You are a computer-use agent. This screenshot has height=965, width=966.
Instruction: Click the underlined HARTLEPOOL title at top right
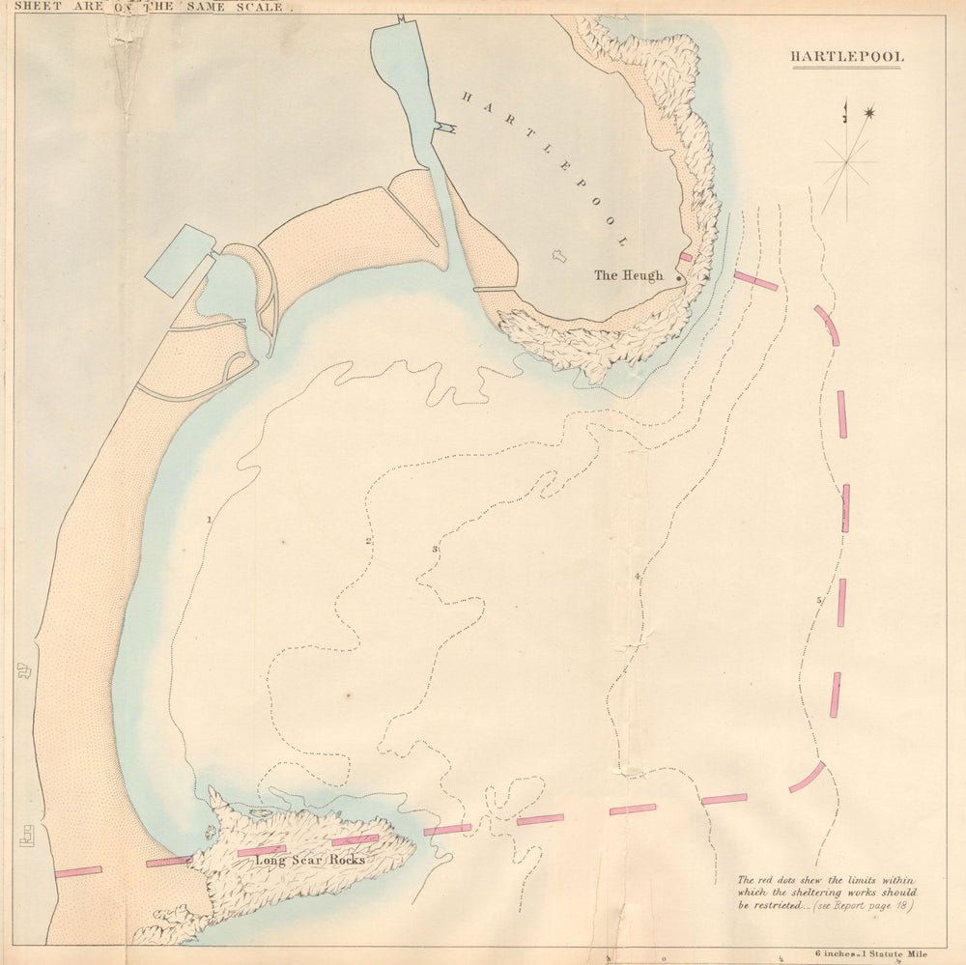(847, 57)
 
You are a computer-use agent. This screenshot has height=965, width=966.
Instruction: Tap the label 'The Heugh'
(628, 275)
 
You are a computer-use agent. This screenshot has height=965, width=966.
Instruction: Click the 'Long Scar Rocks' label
(309, 860)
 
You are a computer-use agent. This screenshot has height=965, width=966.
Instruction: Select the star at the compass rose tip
(868, 114)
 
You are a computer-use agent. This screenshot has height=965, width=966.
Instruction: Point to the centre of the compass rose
(847, 162)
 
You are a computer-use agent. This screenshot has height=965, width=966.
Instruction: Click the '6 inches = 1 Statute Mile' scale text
(869, 953)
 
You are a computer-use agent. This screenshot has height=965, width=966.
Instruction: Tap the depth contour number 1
(209, 520)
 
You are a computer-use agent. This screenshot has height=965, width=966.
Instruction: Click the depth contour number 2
(368, 541)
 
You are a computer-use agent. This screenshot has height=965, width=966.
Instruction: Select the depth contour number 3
(435, 550)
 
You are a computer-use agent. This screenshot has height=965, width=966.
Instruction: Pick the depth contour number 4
(638, 577)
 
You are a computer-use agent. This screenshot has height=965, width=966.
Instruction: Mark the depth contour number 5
(819, 601)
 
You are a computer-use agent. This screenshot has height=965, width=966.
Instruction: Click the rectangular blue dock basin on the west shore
(180, 260)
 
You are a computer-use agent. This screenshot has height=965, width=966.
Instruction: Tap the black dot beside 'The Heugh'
(679, 278)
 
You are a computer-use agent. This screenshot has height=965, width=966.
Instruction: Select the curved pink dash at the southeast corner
(807, 778)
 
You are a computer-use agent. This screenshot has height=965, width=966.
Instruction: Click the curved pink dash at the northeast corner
(827, 325)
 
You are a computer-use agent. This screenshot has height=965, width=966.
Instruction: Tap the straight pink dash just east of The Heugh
(755, 281)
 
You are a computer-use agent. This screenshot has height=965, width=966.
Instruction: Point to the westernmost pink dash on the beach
(78, 871)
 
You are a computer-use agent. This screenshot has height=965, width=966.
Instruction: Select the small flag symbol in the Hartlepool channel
(443, 127)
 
